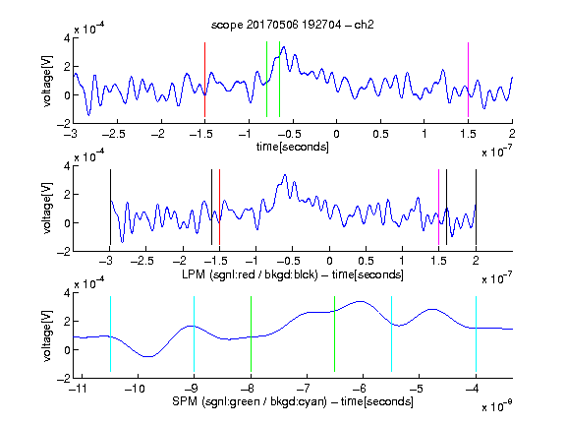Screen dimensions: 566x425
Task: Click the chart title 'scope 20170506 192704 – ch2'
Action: (293, 25)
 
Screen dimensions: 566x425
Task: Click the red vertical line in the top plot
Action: (204, 80)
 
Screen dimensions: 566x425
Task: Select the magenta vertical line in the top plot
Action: (468, 80)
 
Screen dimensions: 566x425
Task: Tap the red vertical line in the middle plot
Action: (219, 207)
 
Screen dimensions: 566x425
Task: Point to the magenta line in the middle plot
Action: (438, 207)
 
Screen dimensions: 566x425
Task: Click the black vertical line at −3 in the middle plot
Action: (110, 207)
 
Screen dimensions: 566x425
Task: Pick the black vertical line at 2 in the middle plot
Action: (476, 207)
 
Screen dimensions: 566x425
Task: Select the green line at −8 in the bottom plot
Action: (251, 334)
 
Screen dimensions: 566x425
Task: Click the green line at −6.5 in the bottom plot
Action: (335, 334)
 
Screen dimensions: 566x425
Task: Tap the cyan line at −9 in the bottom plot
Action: (194, 334)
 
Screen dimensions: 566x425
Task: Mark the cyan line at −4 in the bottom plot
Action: (476, 334)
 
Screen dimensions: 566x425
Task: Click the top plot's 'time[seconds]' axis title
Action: (293, 147)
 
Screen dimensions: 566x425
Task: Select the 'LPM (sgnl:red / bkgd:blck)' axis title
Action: (250, 274)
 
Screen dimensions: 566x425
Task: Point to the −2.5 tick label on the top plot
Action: (114, 134)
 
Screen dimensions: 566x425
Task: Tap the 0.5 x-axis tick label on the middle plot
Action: (366, 261)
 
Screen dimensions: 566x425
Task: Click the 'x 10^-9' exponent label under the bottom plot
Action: (497, 405)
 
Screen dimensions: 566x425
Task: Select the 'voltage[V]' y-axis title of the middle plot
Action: (47, 209)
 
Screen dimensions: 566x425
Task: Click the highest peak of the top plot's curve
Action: (284, 46)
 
